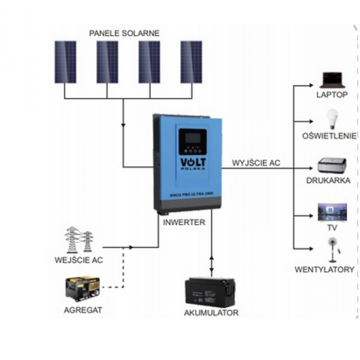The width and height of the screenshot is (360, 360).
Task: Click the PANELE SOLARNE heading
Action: pos(125,33)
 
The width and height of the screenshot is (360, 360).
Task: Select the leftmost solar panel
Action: pos(66,62)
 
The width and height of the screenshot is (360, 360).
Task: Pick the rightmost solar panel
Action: pos(192,62)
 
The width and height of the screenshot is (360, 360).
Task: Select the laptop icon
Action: pos(333,80)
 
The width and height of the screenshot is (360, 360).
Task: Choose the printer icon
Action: pos(332,166)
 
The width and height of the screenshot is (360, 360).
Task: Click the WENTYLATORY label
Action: pos(324,270)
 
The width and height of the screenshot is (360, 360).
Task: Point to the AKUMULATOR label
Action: pos(211,313)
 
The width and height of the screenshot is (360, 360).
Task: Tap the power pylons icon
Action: pos(76,240)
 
